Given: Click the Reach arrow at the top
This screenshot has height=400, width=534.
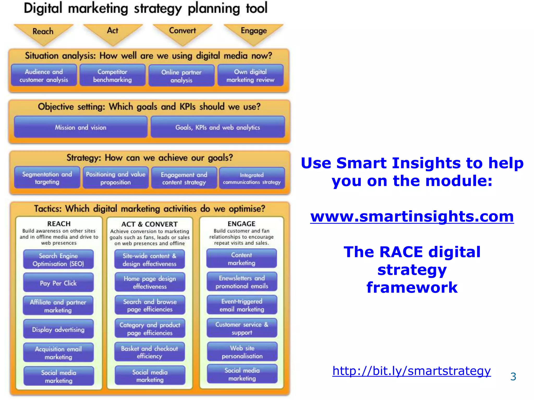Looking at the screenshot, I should click(43, 33).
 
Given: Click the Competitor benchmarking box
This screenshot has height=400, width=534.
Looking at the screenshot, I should click(112, 76).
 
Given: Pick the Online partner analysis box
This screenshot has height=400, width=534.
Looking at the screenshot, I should click(181, 76).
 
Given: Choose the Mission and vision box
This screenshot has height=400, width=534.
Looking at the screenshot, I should click(81, 127).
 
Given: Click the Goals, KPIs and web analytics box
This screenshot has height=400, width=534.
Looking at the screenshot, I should click(217, 127).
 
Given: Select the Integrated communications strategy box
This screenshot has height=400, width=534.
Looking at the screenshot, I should click(252, 178).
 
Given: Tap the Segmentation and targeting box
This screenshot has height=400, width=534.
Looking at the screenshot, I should click(47, 178).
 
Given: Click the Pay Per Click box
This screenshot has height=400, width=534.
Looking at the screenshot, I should click(58, 283).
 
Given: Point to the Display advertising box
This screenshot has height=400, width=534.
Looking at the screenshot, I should click(58, 329).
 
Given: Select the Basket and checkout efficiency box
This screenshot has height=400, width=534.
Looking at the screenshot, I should click(149, 352).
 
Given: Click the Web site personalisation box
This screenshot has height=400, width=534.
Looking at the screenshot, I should click(242, 352).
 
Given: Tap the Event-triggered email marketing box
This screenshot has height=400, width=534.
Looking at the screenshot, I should click(242, 305).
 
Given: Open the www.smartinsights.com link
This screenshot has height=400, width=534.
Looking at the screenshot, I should click(412, 216).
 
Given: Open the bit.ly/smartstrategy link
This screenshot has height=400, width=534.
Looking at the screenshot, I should click(411, 371).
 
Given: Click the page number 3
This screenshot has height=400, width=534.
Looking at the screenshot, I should click(513, 377).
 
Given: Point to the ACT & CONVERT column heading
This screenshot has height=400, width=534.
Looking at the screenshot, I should click(149, 224).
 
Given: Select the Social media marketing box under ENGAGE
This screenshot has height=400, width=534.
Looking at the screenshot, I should click(242, 374).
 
